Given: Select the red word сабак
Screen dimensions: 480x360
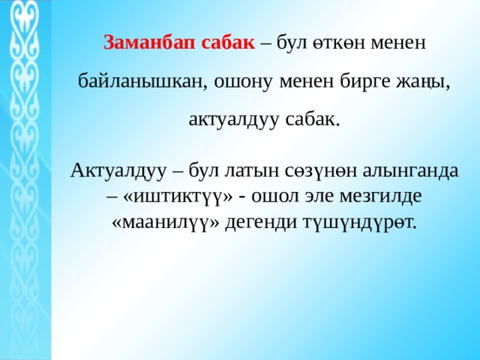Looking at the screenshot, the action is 228,43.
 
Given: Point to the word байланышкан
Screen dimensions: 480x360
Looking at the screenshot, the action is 141,82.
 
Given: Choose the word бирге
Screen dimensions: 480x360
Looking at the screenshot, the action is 364,82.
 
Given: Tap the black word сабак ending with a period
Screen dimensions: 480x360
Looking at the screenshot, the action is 313,119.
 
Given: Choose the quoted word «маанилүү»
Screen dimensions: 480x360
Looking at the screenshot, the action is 166,223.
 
